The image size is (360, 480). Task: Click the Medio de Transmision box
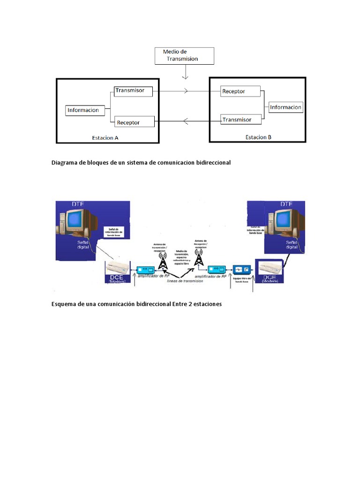[184, 55]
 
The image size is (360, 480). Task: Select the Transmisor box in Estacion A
[133, 90]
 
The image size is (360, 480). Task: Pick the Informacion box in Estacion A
[83, 111]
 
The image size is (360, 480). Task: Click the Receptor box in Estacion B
[240, 91]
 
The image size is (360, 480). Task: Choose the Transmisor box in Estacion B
[240, 120]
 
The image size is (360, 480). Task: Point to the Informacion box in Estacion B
[285, 107]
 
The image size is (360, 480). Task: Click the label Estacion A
[105, 138]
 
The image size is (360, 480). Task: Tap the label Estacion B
[258, 137]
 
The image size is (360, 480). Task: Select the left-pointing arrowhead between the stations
[186, 122]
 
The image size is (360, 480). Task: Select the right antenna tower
[199, 258]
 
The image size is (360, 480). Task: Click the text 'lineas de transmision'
[184, 281]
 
